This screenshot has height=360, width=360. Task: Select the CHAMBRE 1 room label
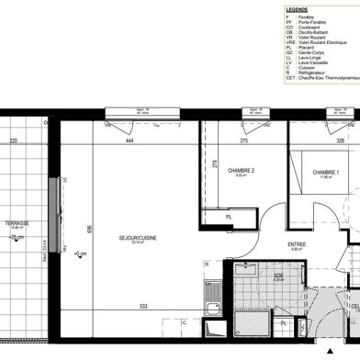point(325,172)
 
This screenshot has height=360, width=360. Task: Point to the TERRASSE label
point(17,222)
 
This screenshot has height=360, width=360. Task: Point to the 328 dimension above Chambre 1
point(314,141)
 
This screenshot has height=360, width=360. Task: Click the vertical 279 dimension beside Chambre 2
point(213,165)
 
